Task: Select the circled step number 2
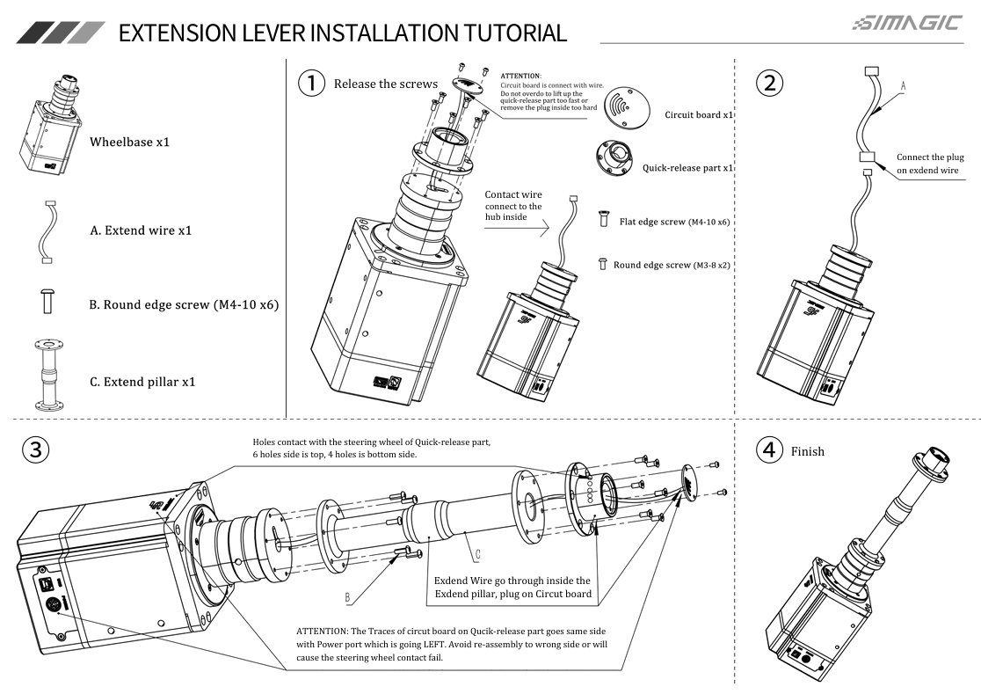(x=769, y=84)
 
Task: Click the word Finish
(x=807, y=451)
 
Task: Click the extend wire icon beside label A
(x=47, y=230)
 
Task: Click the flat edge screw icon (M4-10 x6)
(x=604, y=221)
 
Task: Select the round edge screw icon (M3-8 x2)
(x=603, y=263)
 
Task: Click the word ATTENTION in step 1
(x=520, y=77)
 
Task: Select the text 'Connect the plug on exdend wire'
(x=927, y=164)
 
